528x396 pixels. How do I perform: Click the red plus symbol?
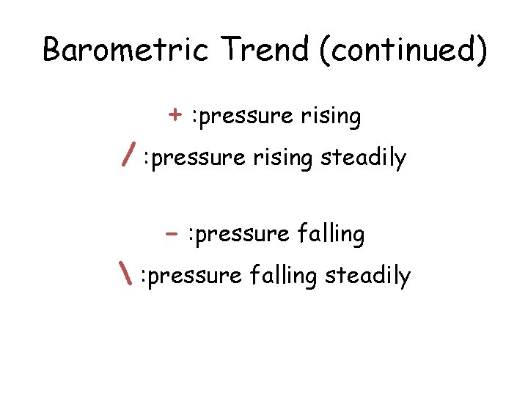[x=175, y=115]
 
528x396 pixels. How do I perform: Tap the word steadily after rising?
[x=364, y=158]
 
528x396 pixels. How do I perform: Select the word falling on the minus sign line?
[x=331, y=235]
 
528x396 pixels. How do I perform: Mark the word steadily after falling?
[x=368, y=276]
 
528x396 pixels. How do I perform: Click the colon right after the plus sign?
[x=193, y=117]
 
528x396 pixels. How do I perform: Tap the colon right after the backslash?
[x=144, y=277]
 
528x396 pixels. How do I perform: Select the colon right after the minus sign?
[x=191, y=235]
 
